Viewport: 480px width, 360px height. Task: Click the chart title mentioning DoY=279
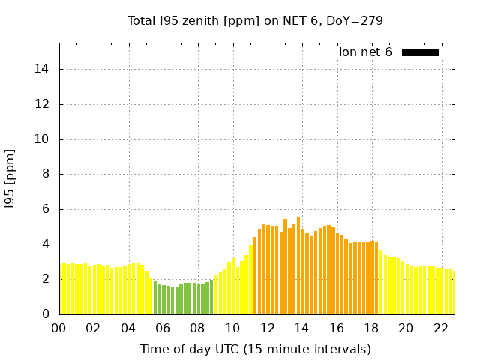tap(255, 20)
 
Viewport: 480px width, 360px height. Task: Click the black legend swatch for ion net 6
tap(420, 52)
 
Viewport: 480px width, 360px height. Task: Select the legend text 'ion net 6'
tap(365, 52)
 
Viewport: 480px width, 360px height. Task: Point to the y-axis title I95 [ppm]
tap(10, 178)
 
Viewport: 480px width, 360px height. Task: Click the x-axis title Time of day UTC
tap(255, 349)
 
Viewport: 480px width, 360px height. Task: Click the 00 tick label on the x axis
tap(58, 328)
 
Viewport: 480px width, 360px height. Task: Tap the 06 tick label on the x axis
tap(163, 328)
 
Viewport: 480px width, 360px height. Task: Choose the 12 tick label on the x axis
tap(267, 328)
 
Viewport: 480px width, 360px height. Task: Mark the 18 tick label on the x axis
tap(371, 328)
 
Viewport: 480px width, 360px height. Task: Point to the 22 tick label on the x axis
tap(441, 328)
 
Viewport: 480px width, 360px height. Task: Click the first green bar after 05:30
tap(155, 298)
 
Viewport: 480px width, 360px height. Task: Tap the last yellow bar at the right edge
tap(451, 292)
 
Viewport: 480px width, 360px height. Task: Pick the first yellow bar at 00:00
tap(61, 289)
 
